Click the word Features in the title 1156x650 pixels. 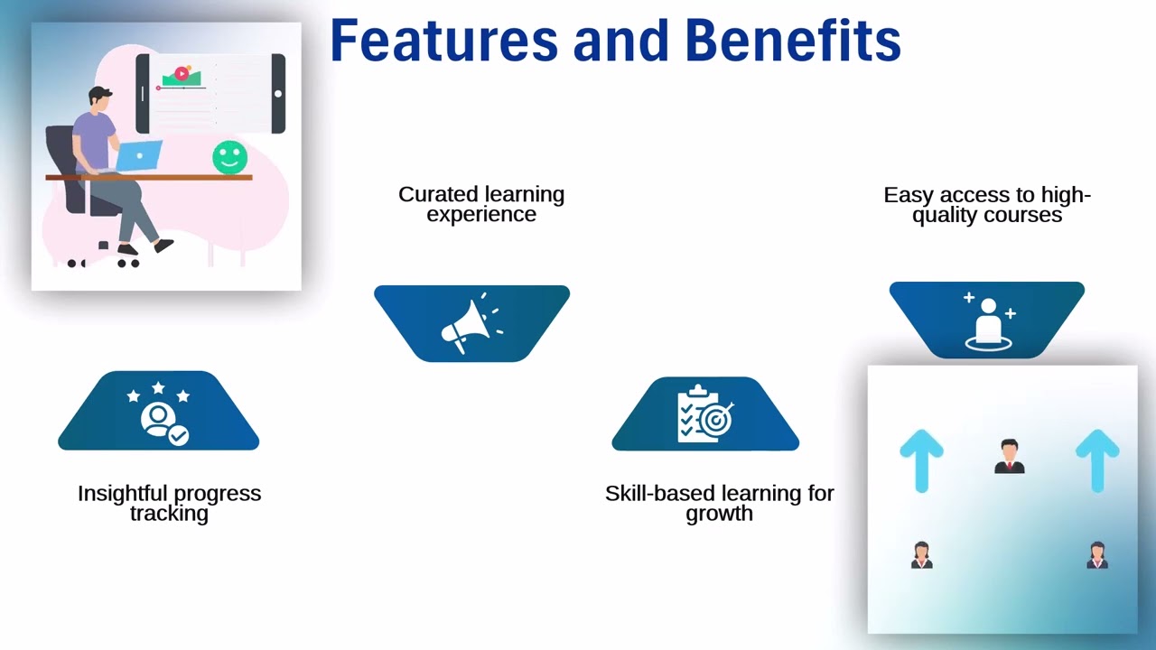click(443, 41)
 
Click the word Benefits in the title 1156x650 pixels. click(792, 41)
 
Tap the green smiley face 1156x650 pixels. click(229, 157)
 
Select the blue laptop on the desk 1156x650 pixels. click(139, 155)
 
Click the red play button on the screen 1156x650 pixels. click(182, 73)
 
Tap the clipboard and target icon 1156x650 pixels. click(705, 414)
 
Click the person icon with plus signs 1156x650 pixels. click(988, 320)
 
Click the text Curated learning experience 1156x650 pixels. click(481, 204)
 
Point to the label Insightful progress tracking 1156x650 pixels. click(169, 503)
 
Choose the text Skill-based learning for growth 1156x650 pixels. click(719, 503)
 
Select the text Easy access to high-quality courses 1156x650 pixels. click(987, 205)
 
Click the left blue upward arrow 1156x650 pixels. click(921, 460)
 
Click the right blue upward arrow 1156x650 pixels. click(1097, 460)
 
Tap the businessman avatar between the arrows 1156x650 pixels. click(1009, 457)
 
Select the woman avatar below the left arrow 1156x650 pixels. click(921, 555)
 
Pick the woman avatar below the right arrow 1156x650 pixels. click(1097, 555)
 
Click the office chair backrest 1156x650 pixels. click(61, 158)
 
